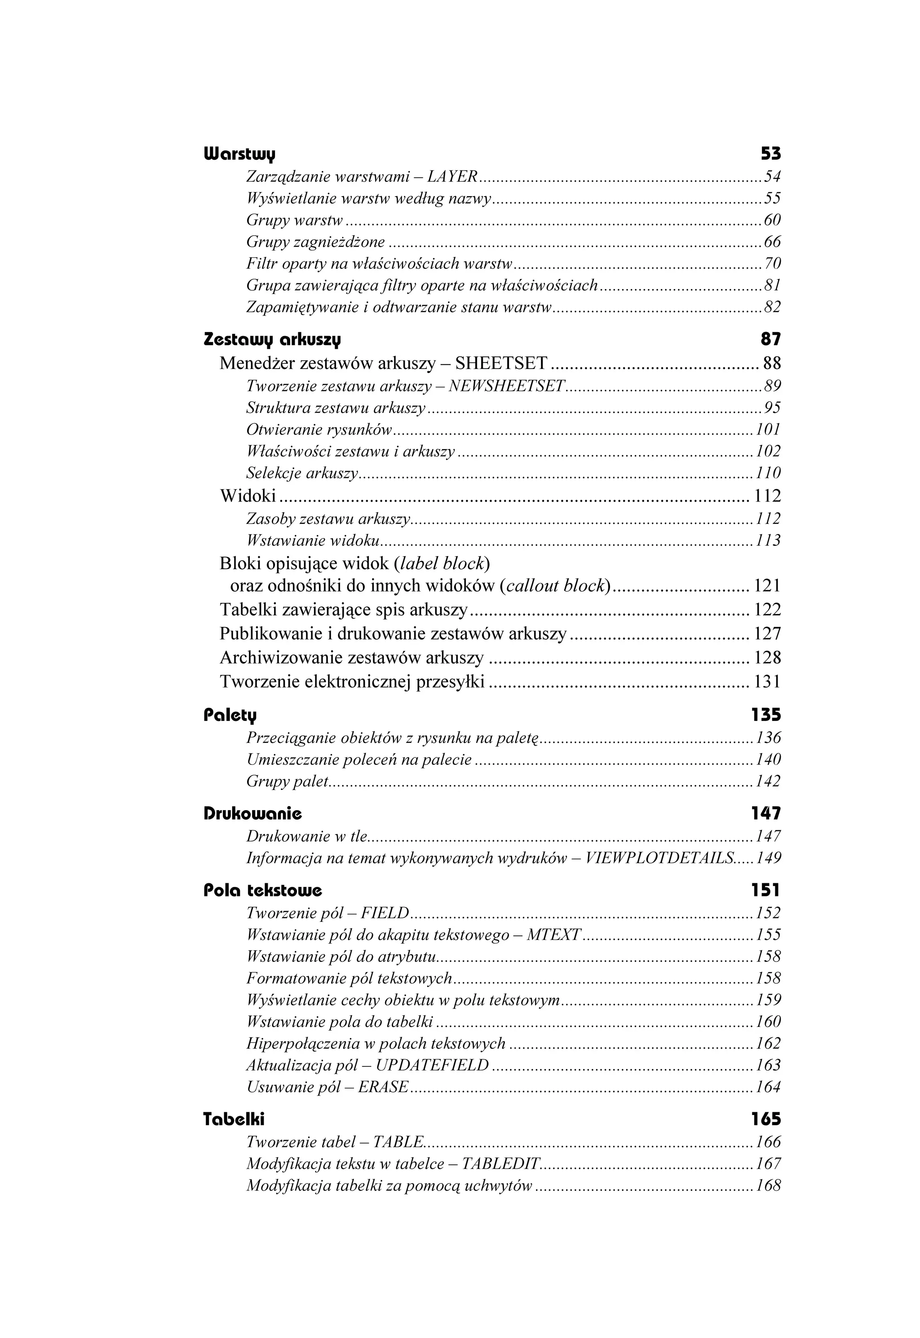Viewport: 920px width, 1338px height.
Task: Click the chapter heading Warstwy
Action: coord(240,154)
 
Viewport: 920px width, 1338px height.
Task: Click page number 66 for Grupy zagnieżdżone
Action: coord(772,242)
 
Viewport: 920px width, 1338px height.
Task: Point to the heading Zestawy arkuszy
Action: coord(272,340)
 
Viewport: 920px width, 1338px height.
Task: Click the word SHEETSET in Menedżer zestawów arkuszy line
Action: coord(501,364)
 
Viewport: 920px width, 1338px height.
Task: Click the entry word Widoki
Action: coord(248,496)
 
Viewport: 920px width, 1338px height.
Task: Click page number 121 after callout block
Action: coord(767,586)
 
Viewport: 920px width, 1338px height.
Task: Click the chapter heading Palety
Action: coord(230,715)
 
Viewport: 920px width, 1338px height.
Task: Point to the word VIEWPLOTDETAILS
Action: coord(659,859)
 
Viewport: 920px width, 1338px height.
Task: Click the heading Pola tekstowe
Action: coord(263,891)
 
